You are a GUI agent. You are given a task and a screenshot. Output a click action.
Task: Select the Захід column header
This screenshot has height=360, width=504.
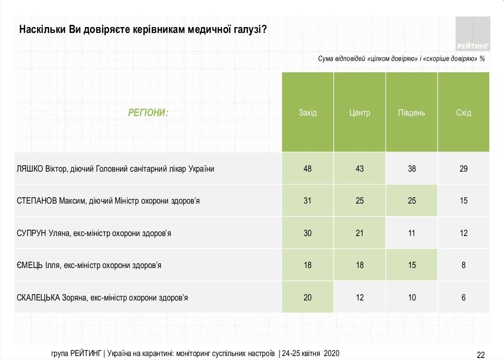[x=308, y=113]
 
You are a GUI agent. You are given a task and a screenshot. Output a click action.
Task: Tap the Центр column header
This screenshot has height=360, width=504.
[x=360, y=113]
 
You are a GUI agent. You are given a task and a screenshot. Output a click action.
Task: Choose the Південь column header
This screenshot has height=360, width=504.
[x=411, y=113]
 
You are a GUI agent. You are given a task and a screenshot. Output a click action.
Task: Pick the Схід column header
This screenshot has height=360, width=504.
[x=464, y=113]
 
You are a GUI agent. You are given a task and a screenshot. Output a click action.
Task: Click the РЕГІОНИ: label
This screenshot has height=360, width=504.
[x=148, y=113]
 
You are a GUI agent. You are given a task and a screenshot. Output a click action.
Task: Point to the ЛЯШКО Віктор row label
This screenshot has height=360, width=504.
[x=116, y=169]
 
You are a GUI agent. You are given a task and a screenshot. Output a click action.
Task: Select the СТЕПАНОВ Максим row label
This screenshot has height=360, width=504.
[x=108, y=201]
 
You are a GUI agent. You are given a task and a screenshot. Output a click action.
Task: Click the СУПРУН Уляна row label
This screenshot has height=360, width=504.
[x=94, y=233]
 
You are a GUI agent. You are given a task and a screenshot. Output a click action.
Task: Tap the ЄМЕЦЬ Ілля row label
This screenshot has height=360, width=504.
[x=89, y=265]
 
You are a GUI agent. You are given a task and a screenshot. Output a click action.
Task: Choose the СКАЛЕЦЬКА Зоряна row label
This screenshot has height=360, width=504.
[x=102, y=298]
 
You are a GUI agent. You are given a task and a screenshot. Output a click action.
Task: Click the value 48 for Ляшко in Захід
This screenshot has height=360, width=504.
[x=308, y=169]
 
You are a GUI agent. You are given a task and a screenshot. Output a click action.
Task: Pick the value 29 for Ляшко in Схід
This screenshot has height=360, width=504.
[x=464, y=169]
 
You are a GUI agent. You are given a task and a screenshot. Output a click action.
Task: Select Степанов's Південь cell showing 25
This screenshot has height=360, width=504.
[x=412, y=201]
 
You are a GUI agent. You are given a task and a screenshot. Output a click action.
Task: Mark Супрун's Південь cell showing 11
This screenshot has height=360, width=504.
[x=412, y=233]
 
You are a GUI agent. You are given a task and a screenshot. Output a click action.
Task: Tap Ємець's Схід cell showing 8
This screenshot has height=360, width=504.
[x=464, y=265]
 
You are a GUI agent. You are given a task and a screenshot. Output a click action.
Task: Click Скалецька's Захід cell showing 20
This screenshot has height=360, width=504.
[x=308, y=298]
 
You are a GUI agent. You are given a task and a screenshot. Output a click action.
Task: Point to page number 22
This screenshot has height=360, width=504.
[x=481, y=355]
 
